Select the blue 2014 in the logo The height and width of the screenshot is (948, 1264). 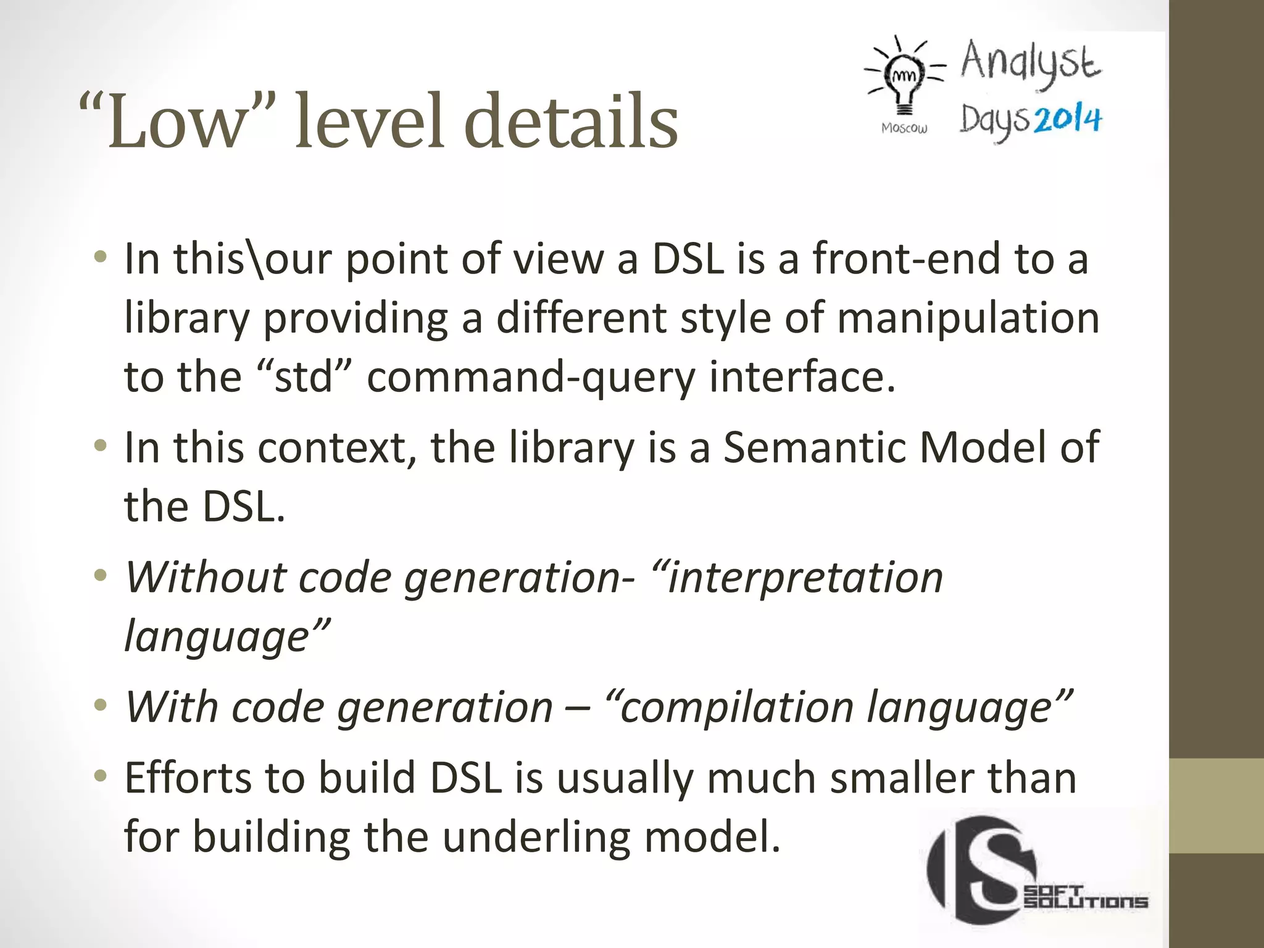pos(1067,119)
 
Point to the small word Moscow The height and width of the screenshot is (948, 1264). pos(904,128)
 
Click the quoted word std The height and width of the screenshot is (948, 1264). pos(303,376)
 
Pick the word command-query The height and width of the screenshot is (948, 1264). pos(531,376)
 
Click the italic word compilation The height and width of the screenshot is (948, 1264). pos(736,707)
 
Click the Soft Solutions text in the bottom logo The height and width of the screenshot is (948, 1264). pos(1085,897)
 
